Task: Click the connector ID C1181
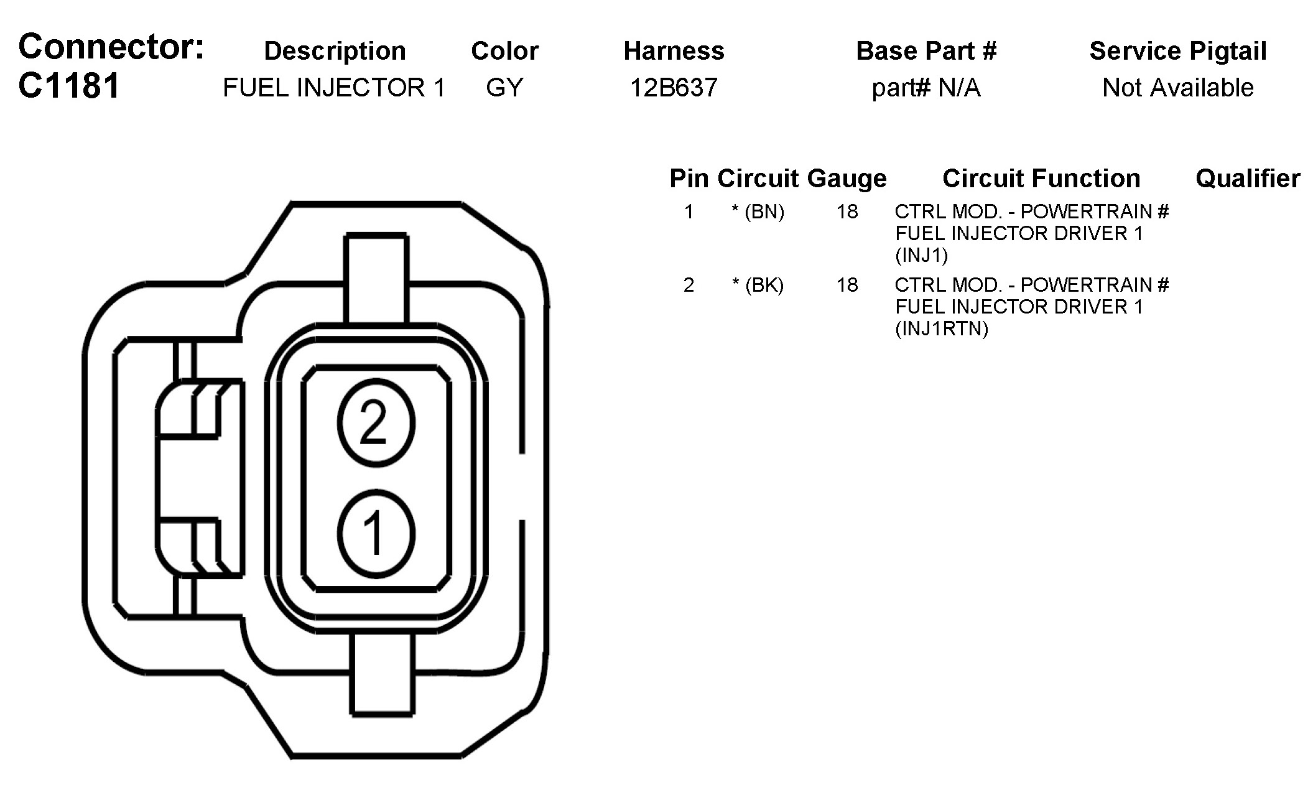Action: (x=68, y=86)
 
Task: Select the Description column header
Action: (x=335, y=52)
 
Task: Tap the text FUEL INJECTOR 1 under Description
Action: (x=334, y=88)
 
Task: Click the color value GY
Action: (x=504, y=88)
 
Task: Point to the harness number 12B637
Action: (x=674, y=88)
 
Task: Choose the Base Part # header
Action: (x=926, y=51)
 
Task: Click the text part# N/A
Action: (x=926, y=88)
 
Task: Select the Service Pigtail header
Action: (x=1178, y=52)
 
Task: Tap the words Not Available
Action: (x=1178, y=88)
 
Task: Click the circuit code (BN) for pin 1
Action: (x=764, y=212)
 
